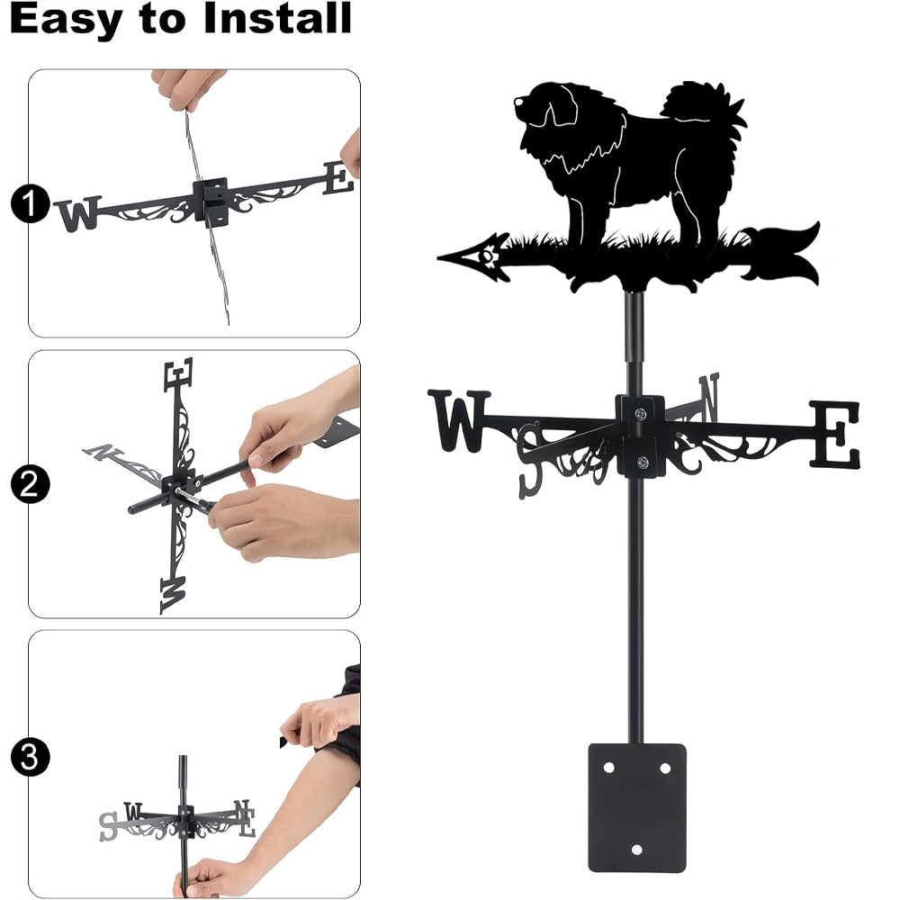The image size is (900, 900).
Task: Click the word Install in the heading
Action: [x=277, y=18]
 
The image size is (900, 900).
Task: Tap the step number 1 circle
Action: [x=30, y=203]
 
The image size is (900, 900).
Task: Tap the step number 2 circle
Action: [x=30, y=484]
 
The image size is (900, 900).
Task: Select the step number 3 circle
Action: [x=30, y=757]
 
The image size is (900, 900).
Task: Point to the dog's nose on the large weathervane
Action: [x=518, y=102]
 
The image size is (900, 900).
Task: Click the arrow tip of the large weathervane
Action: [x=440, y=257]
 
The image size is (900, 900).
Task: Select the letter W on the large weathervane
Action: [x=459, y=420]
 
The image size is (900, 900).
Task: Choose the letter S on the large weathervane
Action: [x=530, y=459]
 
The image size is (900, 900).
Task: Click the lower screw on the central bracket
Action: [x=643, y=462]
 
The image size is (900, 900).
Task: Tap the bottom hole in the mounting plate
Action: [x=636, y=850]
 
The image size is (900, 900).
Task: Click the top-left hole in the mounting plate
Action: [x=609, y=768]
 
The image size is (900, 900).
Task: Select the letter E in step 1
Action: [x=338, y=178]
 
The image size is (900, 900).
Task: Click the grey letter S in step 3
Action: [x=108, y=826]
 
